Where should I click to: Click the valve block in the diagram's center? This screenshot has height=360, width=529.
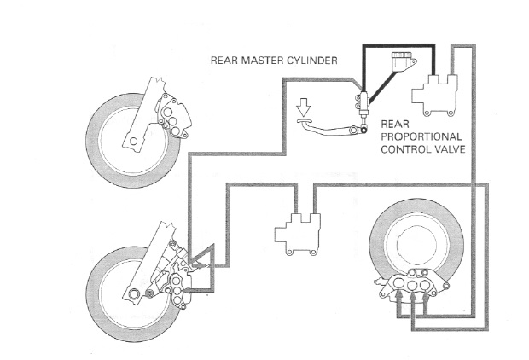pyautogui.click(x=296, y=232)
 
